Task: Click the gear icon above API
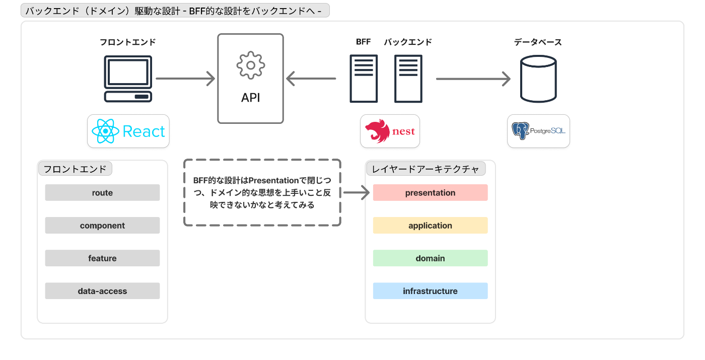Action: (251, 65)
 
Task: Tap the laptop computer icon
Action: (128, 79)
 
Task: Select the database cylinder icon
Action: (538, 79)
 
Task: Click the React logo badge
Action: (128, 131)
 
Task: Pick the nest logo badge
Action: (390, 131)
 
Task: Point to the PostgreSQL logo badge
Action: (538, 131)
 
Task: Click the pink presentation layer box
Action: (430, 192)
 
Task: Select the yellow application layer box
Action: (430, 226)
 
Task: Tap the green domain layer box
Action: (430, 258)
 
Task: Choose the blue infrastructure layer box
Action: (430, 291)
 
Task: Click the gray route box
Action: (102, 192)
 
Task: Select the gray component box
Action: (102, 226)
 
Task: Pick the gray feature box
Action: (102, 258)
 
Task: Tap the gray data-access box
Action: (102, 291)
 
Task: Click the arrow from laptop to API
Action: (185, 79)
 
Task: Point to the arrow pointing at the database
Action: (473, 79)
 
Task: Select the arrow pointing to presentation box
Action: (357, 192)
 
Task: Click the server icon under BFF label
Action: (364, 79)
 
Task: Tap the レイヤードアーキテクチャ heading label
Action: (426, 169)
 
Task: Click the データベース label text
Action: (538, 42)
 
